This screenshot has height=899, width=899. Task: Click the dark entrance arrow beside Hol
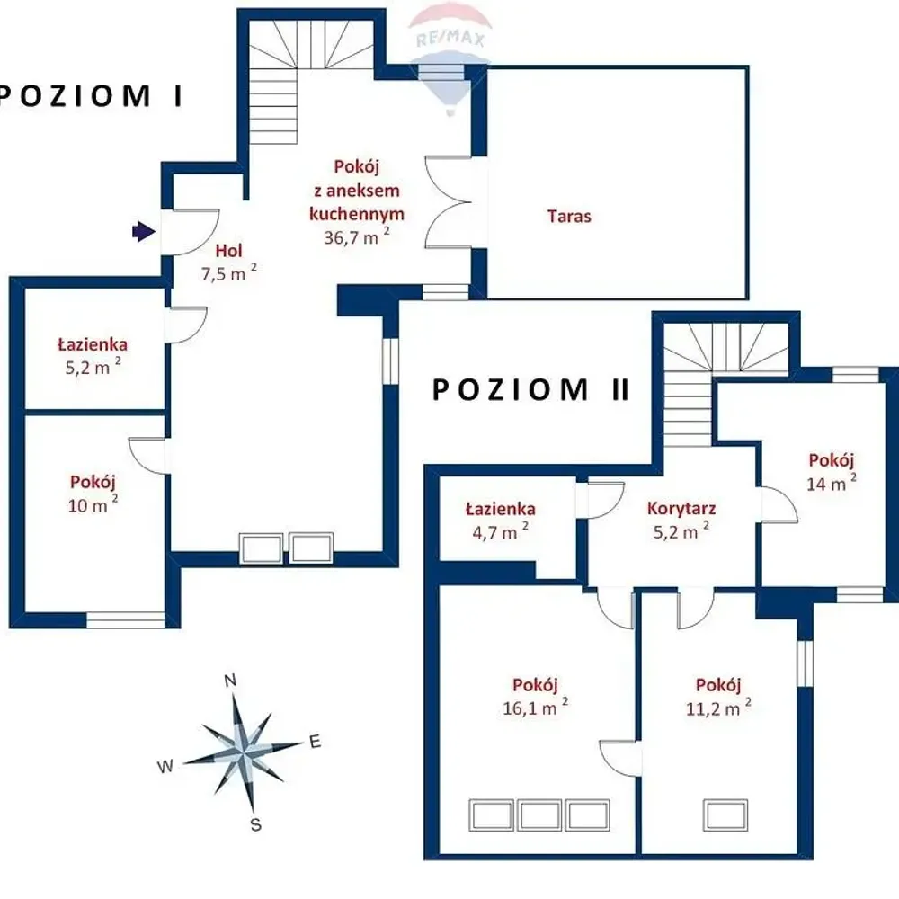click(143, 232)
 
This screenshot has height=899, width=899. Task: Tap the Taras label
click(569, 216)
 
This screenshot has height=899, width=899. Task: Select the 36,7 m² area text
click(357, 236)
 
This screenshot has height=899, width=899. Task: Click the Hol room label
click(228, 250)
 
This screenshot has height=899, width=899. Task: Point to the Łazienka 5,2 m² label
click(93, 355)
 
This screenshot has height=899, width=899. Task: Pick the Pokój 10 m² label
click(93, 493)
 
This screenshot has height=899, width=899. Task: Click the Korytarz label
click(681, 508)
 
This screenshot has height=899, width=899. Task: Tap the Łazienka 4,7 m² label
click(501, 521)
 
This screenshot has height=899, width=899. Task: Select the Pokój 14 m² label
click(832, 472)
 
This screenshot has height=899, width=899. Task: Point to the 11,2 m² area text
click(718, 708)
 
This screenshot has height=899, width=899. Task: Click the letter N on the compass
click(230, 681)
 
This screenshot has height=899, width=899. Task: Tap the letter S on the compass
click(255, 825)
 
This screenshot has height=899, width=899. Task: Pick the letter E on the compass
click(315, 742)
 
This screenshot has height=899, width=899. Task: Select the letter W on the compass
click(165, 766)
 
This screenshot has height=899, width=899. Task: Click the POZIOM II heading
click(531, 390)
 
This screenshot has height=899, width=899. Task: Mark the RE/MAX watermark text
click(450, 39)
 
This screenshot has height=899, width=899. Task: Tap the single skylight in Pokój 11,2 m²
click(725, 814)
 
